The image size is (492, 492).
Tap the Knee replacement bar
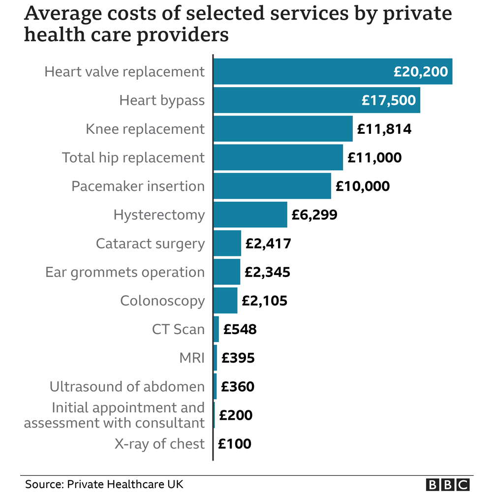coord(283,129)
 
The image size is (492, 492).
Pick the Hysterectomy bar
coord(250,215)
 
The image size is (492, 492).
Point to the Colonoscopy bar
coord(226,301)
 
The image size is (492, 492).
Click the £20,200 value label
coord(421,72)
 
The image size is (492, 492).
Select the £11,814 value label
coord(384,129)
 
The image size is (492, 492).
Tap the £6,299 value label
coord(314,215)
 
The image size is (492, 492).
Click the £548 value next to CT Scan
coord(240,329)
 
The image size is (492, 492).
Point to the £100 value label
coord(235,444)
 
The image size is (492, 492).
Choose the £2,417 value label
coord(268,244)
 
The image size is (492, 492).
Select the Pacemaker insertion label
coord(138,186)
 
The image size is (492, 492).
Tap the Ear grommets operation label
coord(125,272)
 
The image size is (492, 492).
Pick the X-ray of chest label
coord(159,444)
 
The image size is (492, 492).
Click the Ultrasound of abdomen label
coord(127,387)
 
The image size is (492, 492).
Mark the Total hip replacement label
coord(133,158)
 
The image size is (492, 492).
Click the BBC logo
coord(447,484)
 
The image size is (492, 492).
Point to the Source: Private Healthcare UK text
coord(104,484)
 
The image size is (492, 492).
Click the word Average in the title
coord(60,14)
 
